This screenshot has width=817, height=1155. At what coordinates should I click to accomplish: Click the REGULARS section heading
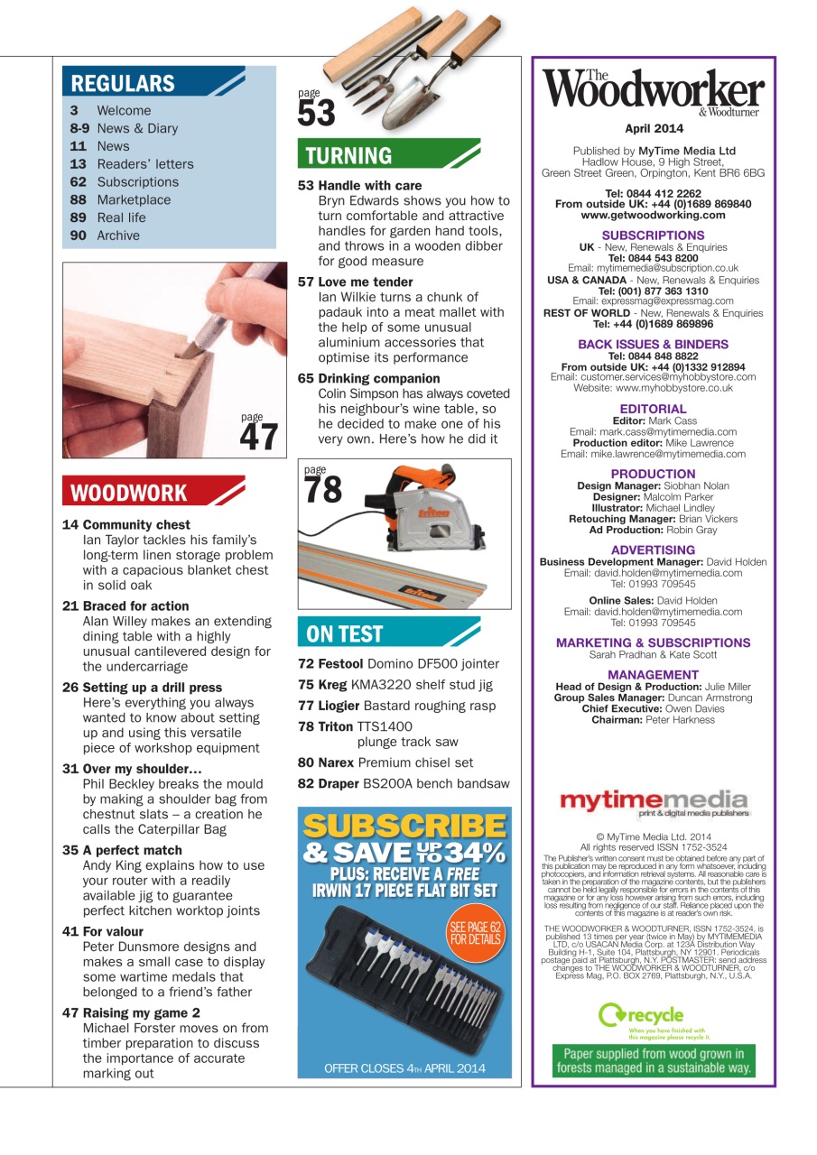point(123,84)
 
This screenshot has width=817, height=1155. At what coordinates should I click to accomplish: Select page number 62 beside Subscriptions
point(79,181)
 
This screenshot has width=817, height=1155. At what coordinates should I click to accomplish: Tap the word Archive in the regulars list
point(118,236)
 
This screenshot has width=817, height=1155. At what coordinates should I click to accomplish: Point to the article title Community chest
point(136,524)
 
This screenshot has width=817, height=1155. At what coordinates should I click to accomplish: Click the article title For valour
point(113,931)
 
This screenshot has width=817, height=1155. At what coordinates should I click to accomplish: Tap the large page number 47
point(258,437)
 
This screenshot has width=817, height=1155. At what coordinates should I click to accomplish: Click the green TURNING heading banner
point(348,155)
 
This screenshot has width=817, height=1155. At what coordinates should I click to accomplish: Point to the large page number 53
point(316,113)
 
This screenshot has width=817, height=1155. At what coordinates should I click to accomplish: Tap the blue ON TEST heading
point(345,633)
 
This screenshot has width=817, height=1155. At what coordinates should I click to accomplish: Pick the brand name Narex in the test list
point(336,762)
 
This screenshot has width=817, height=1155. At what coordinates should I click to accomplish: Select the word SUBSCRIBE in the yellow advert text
point(404,826)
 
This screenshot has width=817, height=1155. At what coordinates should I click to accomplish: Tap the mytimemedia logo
point(653,801)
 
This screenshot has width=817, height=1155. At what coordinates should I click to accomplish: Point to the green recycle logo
point(642,1017)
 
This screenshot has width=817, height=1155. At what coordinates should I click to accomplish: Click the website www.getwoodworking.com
point(653,215)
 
